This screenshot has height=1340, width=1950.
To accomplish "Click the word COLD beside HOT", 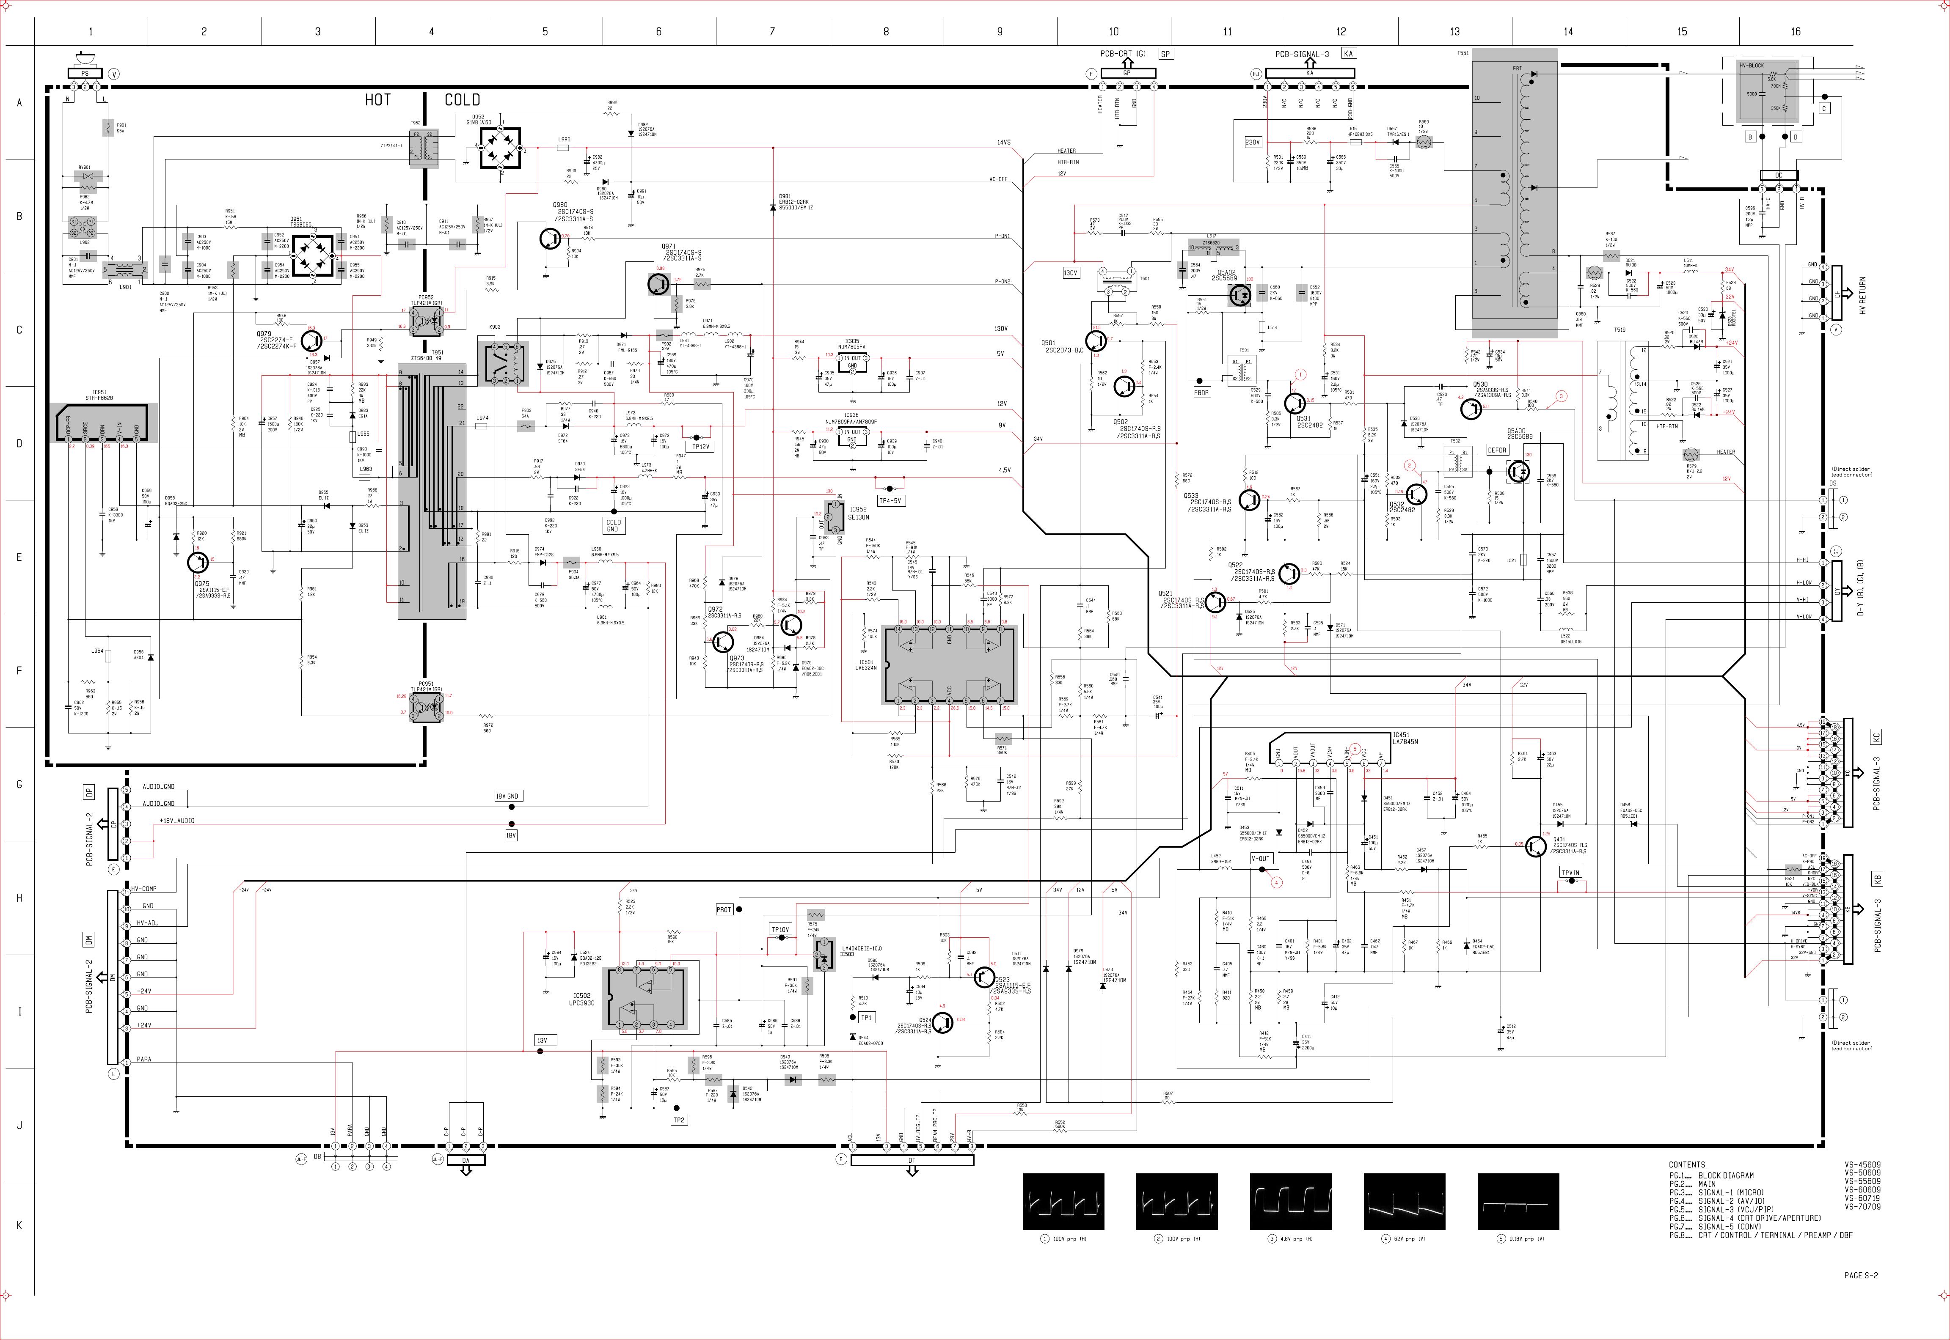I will (x=462, y=100).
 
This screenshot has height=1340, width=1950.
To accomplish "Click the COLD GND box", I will (x=613, y=526).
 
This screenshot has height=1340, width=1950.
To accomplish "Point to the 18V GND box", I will (x=507, y=795).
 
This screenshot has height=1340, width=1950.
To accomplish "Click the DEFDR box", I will (x=1496, y=450).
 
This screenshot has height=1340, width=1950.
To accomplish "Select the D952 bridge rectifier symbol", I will (x=500, y=148).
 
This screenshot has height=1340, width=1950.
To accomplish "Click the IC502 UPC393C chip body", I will (x=645, y=997).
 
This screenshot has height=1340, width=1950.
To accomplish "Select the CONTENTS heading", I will (x=1686, y=1164).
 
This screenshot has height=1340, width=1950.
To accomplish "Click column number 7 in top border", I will (x=772, y=32).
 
